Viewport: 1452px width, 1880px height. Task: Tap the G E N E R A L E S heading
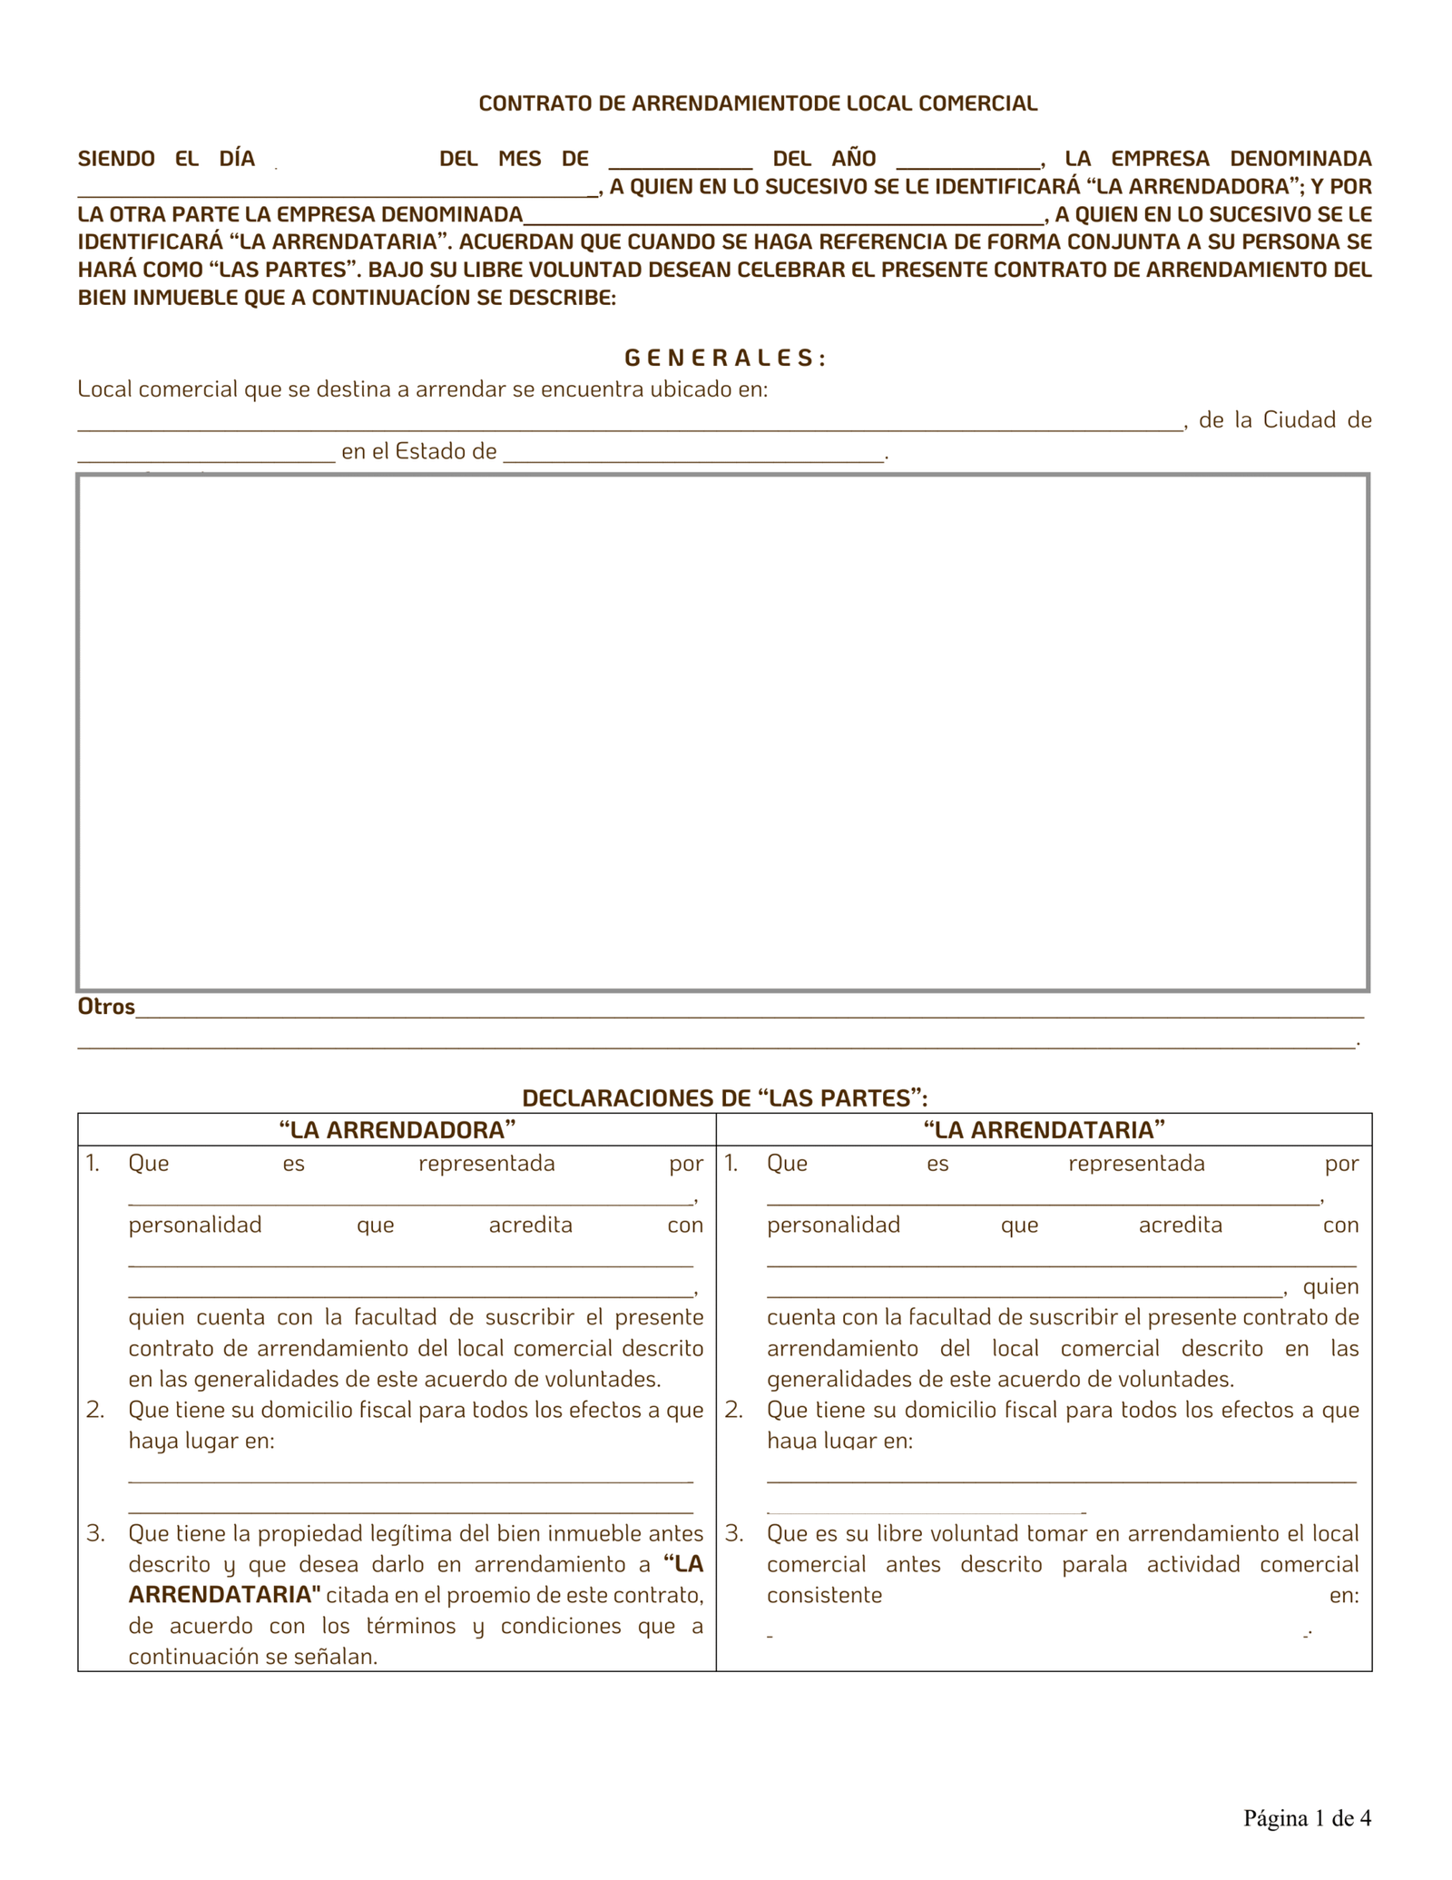(724, 359)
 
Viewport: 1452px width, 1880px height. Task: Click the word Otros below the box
(106, 1007)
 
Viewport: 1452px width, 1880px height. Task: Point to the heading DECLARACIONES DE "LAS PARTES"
(724, 1098)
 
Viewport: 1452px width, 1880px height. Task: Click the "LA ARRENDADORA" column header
(397, 1130)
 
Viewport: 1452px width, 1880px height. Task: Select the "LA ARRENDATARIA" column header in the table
(1044, 1130)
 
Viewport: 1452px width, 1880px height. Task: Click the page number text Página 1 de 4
(1307, 1818)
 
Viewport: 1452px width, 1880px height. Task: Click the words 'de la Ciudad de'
(1285, 420)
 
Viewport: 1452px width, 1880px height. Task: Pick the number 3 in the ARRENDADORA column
(95, 1534)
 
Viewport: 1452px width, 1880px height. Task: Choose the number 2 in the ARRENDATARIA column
(734, 1410)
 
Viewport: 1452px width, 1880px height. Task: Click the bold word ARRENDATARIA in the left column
(224, 1595)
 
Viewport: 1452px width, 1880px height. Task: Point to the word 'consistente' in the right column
(824, 1595)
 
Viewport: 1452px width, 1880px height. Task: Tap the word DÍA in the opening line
(237, 159)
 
